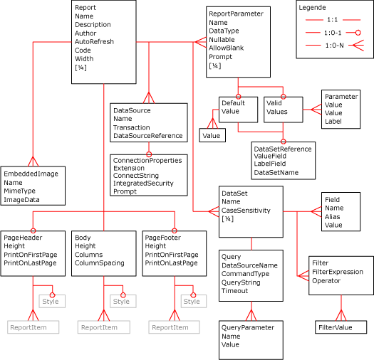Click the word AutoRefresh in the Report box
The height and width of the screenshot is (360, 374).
(x=94, y=42)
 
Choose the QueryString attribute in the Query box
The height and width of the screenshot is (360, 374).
(x=245, y=282)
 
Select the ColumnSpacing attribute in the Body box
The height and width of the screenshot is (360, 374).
(x=99, y=263)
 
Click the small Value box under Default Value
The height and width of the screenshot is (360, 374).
(x=212, y=134)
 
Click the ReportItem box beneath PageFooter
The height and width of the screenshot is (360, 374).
(x=170, y=327)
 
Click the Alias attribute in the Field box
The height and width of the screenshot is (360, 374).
(x=333, y=216)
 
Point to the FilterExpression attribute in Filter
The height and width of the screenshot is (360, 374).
(x=337, y=272)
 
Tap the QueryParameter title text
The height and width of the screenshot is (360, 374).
(x=247, y=327)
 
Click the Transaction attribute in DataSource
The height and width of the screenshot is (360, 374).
(x=133, y=127)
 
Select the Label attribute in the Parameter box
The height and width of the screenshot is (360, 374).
(x=333, y=122)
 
